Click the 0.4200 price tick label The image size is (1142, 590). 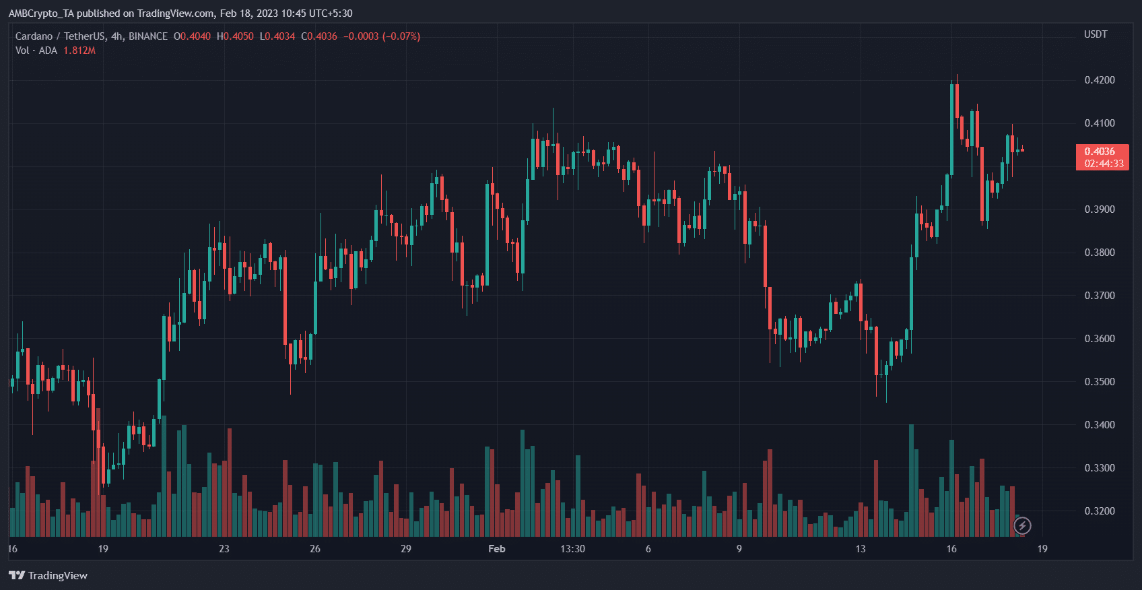[1099, 80]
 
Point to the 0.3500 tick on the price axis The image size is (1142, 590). [1099, 382]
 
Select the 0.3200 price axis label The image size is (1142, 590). [1099, 511]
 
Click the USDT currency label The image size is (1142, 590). [1095, 34]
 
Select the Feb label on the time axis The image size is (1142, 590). [496, 549]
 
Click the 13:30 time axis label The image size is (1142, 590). [572, 549]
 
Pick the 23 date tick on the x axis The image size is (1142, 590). [224, 549]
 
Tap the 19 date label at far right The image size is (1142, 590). [1042, 549]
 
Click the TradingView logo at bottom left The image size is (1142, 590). [48, 575]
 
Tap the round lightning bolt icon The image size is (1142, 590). [1022, 525]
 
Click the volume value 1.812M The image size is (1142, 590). [79, 51]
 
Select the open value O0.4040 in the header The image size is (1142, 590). [192, 36]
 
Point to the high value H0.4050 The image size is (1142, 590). [235, 36]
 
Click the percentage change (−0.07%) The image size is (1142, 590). [401, 36]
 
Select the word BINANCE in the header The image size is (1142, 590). [148, 36]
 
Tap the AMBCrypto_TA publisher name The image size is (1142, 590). [40, 13]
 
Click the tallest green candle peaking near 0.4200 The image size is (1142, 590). [952, 128]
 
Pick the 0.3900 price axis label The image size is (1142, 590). [1099, 209]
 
